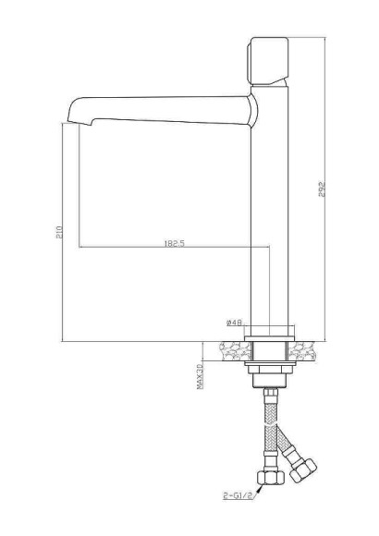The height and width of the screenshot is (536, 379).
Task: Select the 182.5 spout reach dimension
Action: [x=176, y=244]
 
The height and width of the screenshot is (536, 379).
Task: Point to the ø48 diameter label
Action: [x=234, y=323]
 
